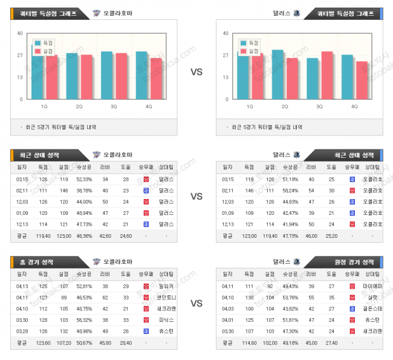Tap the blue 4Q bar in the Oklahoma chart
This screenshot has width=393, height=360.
pyautogui.click(x=141, y=76)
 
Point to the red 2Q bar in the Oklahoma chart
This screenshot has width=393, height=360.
pyautogui.click(x=86, y=77)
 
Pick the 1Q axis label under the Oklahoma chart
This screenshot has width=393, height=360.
pyautogui.click(x=45, y=106)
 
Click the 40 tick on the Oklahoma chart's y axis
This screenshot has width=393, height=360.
pyautogui.click(x=21, y=33)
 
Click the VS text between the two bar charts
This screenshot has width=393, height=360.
pyautogui.click(x=197, y=71)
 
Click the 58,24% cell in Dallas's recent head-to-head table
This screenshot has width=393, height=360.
pyautogui.click(x=290, y=191)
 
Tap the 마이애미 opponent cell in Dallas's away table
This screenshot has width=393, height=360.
pyautogui.click(x=372, y=285)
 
